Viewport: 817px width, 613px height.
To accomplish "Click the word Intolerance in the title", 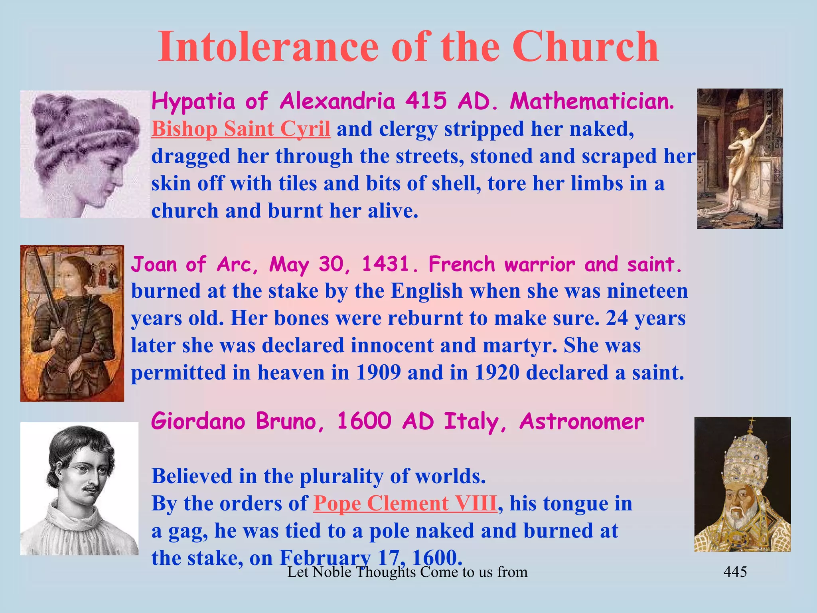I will [x=267, y=47].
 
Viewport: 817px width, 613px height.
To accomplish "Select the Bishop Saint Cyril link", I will [x=241, y=129].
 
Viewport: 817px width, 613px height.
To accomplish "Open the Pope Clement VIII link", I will [x=405, y=503].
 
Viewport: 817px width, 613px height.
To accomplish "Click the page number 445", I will [x=735, y=572].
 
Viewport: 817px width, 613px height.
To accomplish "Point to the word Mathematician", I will [x=592, y=101].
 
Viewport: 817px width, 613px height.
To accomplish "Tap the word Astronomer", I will [x=582, y=421].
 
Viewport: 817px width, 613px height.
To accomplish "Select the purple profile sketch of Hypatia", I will [x=85, y=154].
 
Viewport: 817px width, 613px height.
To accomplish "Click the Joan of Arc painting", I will [x=72, y=323].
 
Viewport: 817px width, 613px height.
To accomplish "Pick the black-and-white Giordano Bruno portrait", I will [x=79, y=488].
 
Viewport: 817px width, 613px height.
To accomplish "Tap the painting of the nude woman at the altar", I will [x=740, y=158].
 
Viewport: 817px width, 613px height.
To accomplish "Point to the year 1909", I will [x=378, y=373].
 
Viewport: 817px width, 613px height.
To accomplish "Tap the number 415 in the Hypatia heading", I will [x=426, y=101].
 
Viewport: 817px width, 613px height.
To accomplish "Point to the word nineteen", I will [x=647, y=291].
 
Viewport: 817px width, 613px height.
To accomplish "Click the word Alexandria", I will [x=337, y=101].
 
